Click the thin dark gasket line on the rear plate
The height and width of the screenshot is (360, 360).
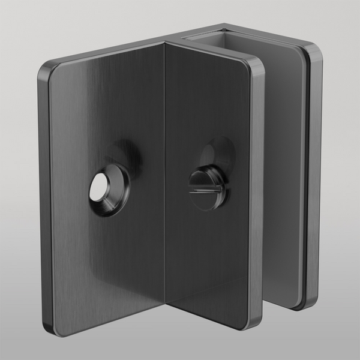point(307,180)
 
